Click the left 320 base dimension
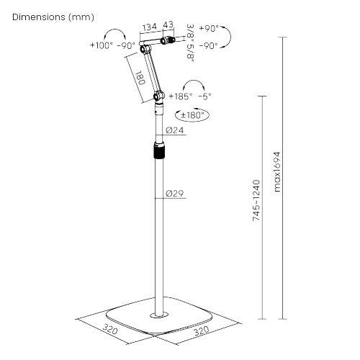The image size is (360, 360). point(109,331)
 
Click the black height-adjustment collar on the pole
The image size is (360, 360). point(158,152)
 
